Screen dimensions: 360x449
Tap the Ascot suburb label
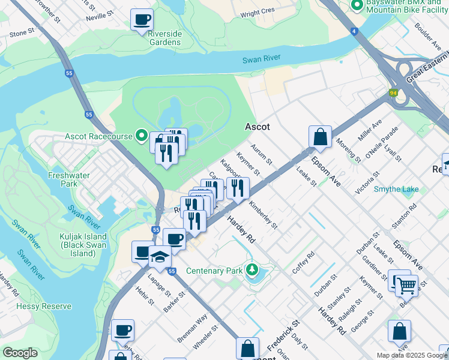click(257, 127)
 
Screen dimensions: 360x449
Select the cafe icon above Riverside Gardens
click(142, 20)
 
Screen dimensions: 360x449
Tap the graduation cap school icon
click(159, 257)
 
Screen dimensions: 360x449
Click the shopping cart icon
click(406, 286)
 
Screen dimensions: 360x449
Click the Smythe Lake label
click(396, 190)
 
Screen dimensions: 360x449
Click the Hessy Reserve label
click(36, 306)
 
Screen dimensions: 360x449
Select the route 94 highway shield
click(393, 93)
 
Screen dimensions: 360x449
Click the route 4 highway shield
click(354, 31)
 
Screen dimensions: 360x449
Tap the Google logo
click(20, 353)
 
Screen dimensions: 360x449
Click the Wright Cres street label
click(257, 11)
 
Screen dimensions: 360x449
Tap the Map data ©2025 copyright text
click(411, 355)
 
